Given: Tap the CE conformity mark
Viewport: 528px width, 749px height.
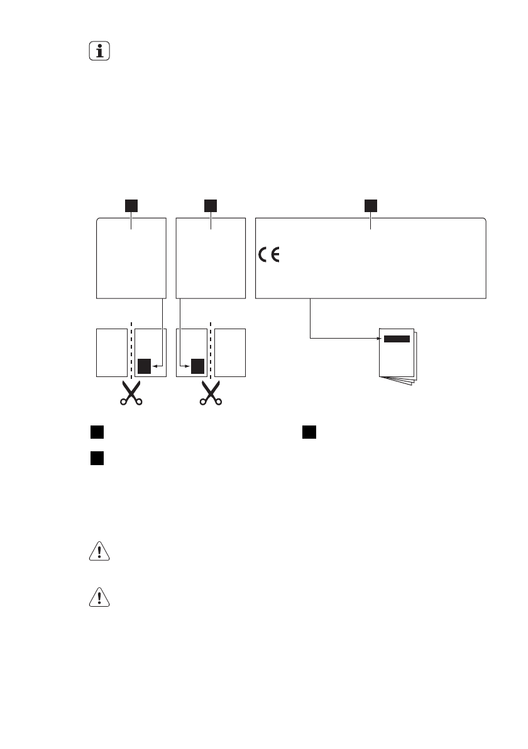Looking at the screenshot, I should tap(270, 255).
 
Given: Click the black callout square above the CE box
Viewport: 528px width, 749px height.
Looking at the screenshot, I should tap(371, 205).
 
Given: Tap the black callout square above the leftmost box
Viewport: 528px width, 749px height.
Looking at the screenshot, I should tap(130, 205).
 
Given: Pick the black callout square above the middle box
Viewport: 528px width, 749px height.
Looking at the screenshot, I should tap(211, 205).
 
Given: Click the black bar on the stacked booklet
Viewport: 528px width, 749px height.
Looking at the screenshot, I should tap(397, 339).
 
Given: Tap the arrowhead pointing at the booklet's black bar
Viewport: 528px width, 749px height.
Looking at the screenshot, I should tap(380, 339).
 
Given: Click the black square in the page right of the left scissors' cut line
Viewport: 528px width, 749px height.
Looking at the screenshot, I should tap(145, 366).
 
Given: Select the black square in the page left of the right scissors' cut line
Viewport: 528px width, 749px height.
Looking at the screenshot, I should tap(198, 366).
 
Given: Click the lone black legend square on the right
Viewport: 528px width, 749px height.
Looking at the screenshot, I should tap(308, 432).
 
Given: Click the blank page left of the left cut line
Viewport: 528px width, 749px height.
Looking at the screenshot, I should tap(111, 352).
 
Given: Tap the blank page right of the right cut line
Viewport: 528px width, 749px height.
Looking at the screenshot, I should tap(230, 352).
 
